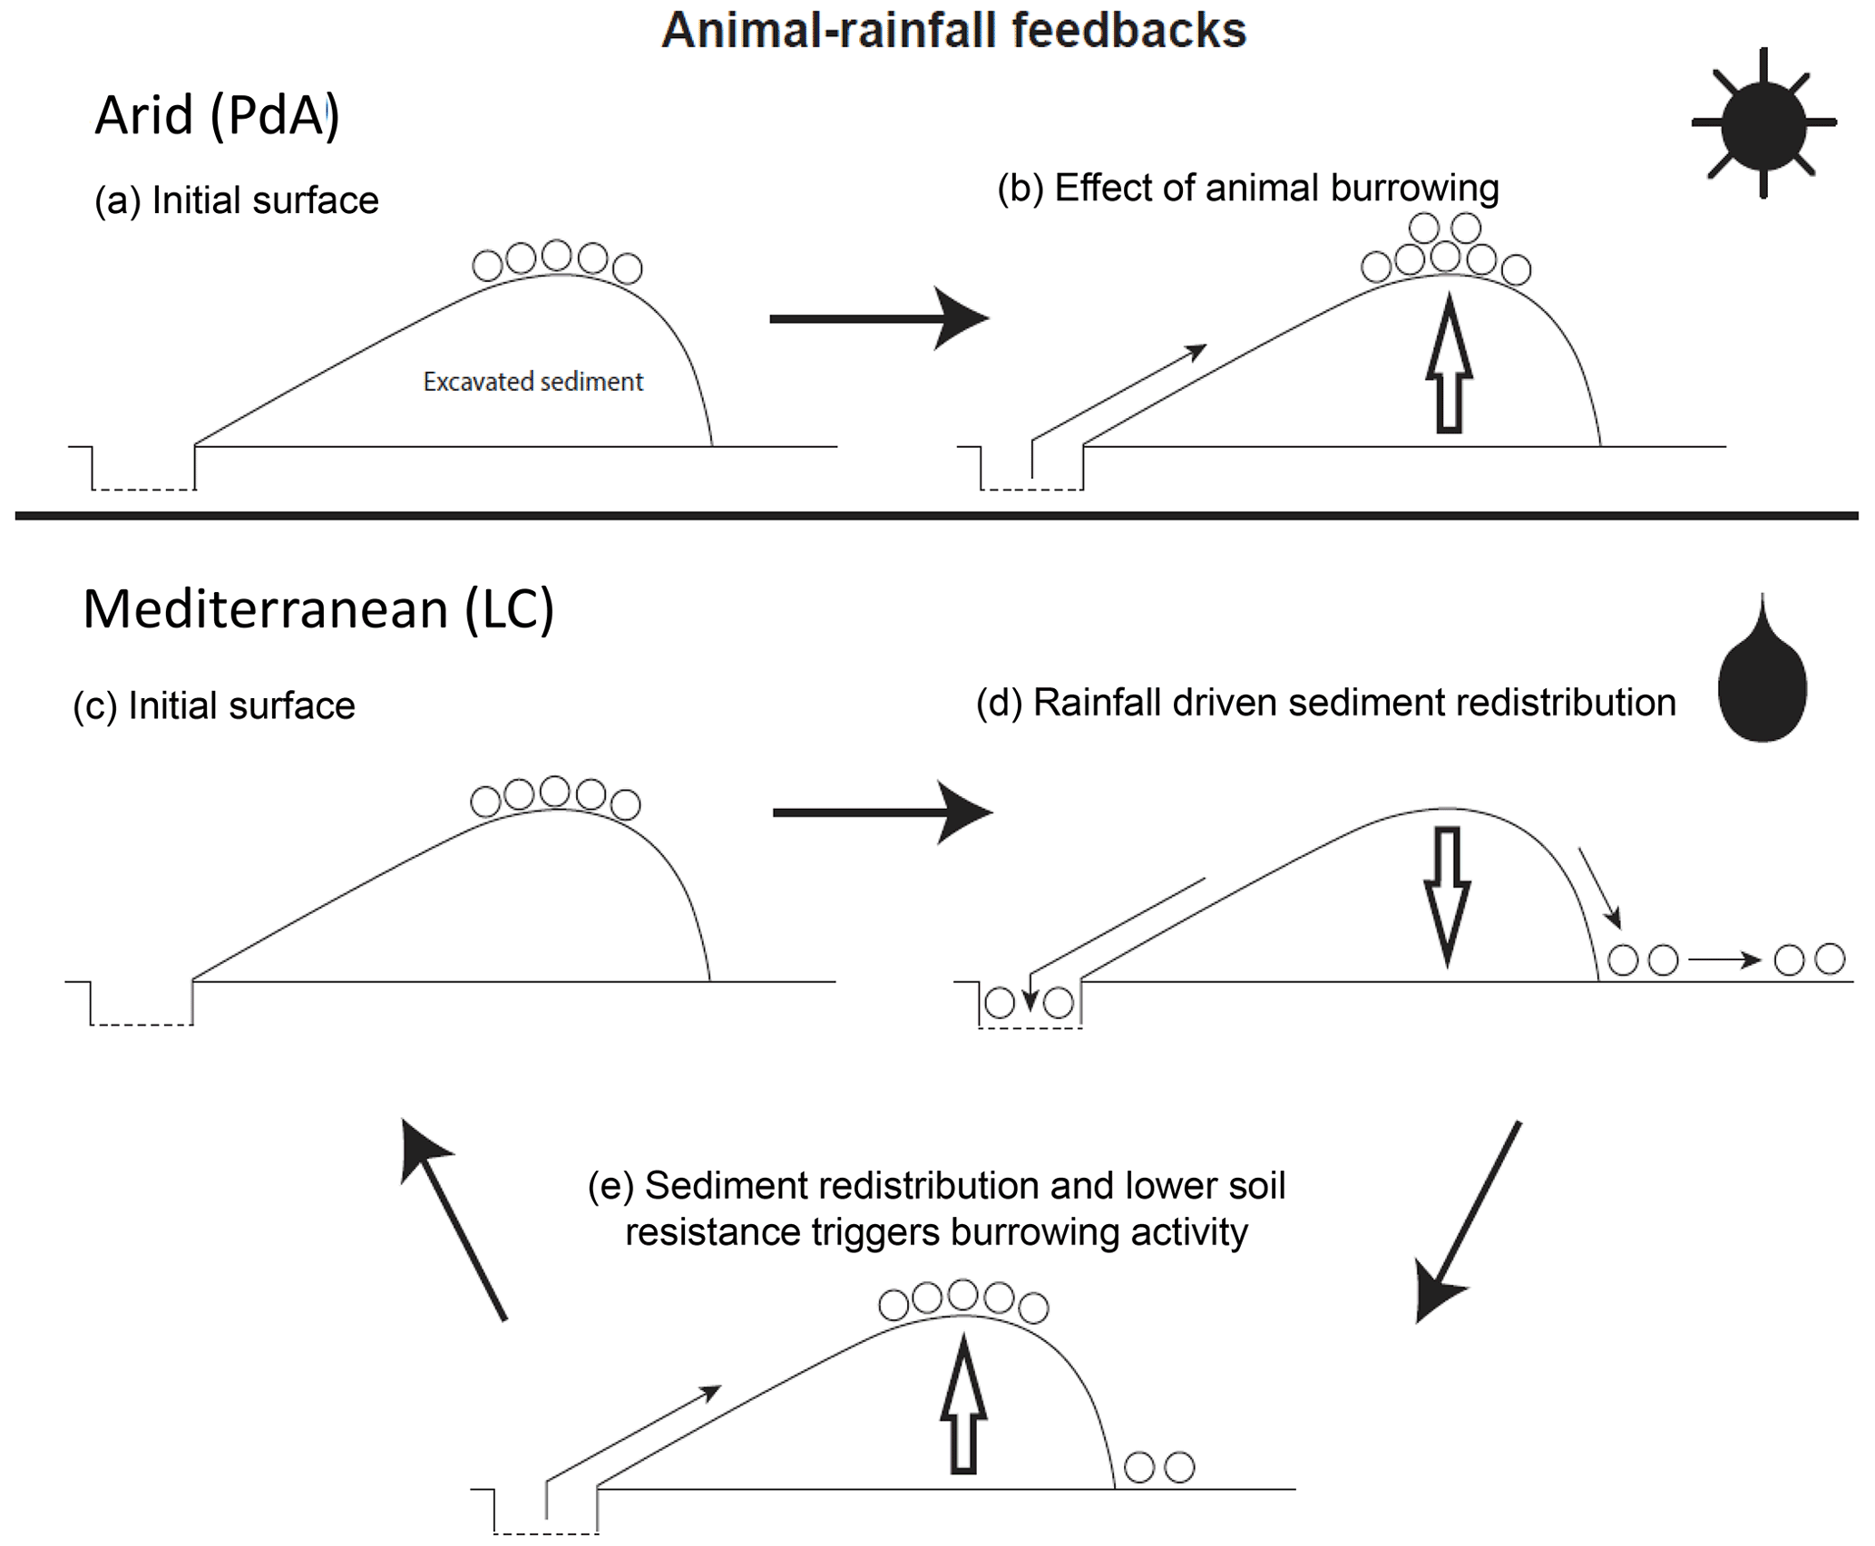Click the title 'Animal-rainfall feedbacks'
(953, 31)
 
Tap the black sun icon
(1763, 122)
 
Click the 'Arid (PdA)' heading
(217, 116)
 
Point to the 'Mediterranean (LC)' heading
(318, 609)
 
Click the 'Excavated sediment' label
(532, 382)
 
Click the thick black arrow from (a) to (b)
(877, 318)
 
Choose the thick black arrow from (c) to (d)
(881, 812)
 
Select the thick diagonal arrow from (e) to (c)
(454, 1220)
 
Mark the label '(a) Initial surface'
(237, 200)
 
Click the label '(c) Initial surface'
(214, 705)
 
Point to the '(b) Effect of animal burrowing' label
(1247, 189)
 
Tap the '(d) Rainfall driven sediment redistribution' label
(1325, 703)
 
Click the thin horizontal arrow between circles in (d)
(1724, 959)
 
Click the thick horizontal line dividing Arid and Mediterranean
(936, 516)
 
